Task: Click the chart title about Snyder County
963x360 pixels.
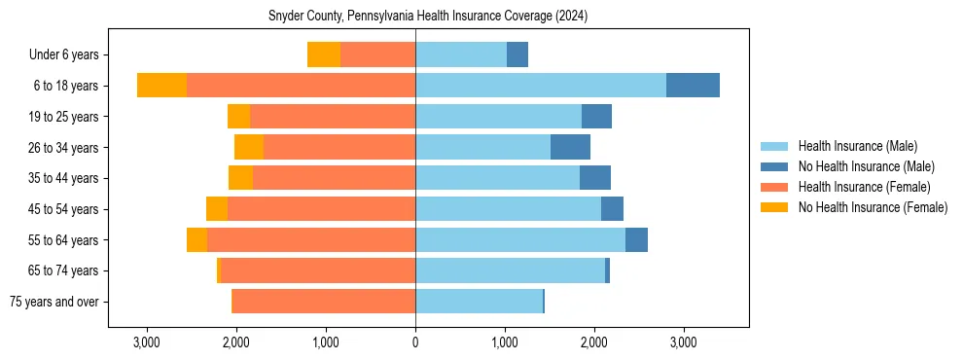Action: pyautogui.click(x=428, y=17)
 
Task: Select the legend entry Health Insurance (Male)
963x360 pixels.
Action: pyautogui.click(x=857, y=146)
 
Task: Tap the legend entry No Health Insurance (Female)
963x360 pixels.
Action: pyautogui.click(x=873, y=207)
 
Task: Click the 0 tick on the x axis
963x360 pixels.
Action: pyautogui.click(x=415, y=342)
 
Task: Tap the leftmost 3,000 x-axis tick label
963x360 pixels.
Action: pyautogui.click(x=146, y=342)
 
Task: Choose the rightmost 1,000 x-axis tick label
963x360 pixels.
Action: pyautogui.click(x=505, y=342)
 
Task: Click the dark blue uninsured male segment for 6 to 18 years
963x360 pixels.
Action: pyautogui.click(x=693, y=86)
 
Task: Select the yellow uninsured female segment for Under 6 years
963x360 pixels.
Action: pyautogui.click(x=324, y=55)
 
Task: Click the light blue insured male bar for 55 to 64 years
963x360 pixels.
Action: pyautogui.click(x=520, y=240)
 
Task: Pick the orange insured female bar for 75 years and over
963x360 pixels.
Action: pyautogui.click(x=324, y=302)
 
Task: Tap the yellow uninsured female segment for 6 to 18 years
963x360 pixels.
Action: pyautogui.click(x=161, y=86)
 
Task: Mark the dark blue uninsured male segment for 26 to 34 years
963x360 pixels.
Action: pyautogui.click(x=570, y=148)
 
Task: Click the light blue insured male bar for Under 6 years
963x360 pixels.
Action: pyautogui.click(x=461, y=55)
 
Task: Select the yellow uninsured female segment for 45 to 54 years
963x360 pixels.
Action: pyautogui.click(x=217, y=209)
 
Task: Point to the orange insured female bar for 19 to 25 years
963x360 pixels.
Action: pyautogui.click(x=333, y=117)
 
